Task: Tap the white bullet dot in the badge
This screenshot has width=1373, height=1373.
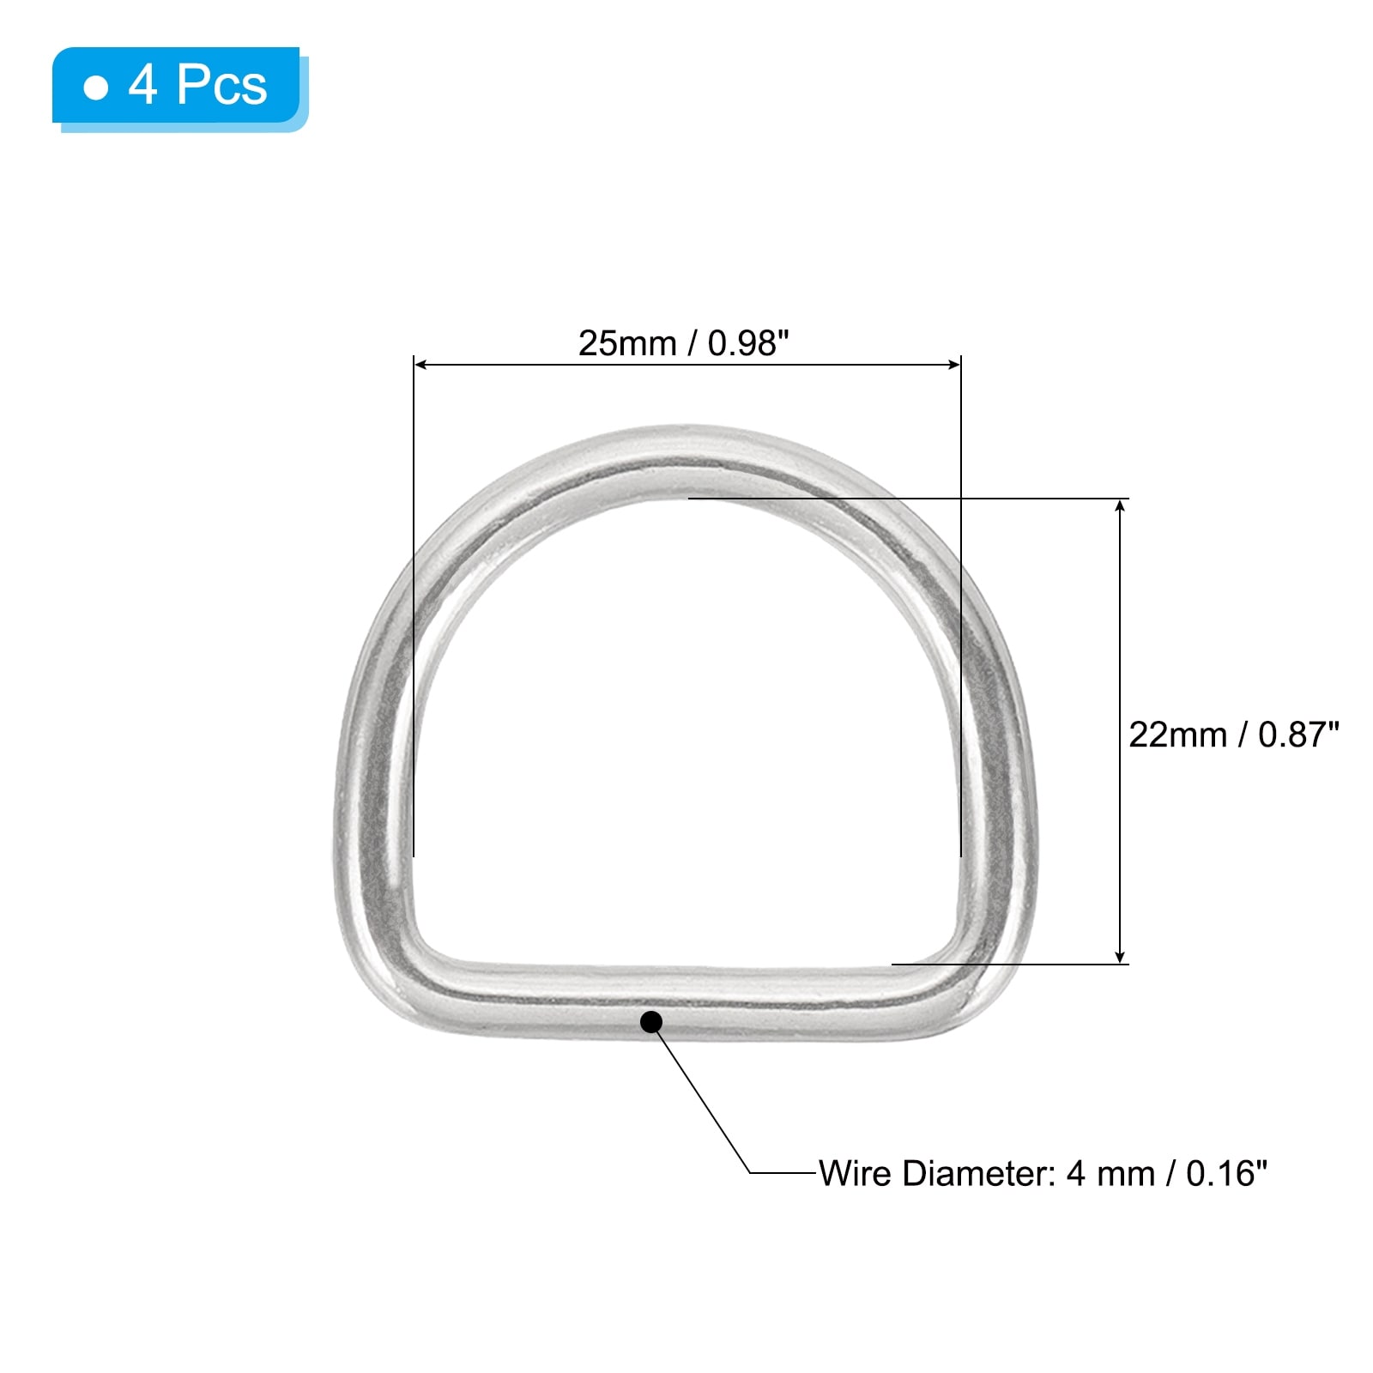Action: click(x=96, y=88)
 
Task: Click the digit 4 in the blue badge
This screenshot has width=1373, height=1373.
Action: click(x=143, y=86)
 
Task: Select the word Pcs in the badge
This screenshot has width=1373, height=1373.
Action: click(x=221, y=86)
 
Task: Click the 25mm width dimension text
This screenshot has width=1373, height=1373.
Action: click(x=627, y=343)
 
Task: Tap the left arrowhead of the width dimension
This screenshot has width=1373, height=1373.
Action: click(x=420, y=365)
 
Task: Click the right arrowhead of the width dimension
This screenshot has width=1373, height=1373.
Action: click(x=953, y=365)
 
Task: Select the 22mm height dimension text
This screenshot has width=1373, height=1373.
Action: click(x=1177, y=735)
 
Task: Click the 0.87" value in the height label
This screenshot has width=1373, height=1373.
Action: click(x=1298, y=735)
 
